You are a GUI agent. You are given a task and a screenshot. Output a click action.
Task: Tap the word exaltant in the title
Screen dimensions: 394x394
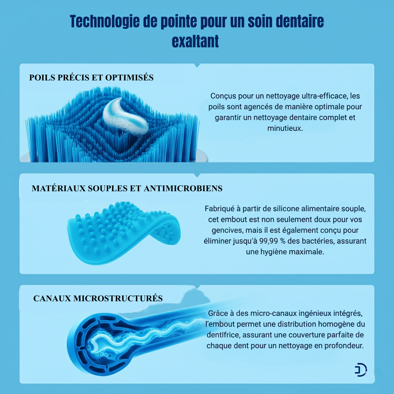[x=195, y=41]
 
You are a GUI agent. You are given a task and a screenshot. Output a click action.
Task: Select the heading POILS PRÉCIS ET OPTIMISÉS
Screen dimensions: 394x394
[x=92, y=78]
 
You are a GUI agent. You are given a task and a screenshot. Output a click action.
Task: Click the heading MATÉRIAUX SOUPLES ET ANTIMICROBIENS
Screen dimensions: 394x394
[x=127, y=189]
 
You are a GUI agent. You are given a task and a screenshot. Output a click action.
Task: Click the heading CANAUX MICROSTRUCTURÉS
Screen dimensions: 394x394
[x=98, y=299]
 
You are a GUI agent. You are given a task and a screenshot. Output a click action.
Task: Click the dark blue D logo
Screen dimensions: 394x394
[x=360, y=370]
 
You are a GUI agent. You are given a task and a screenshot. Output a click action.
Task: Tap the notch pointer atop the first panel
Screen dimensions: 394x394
[x=197, y=65]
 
